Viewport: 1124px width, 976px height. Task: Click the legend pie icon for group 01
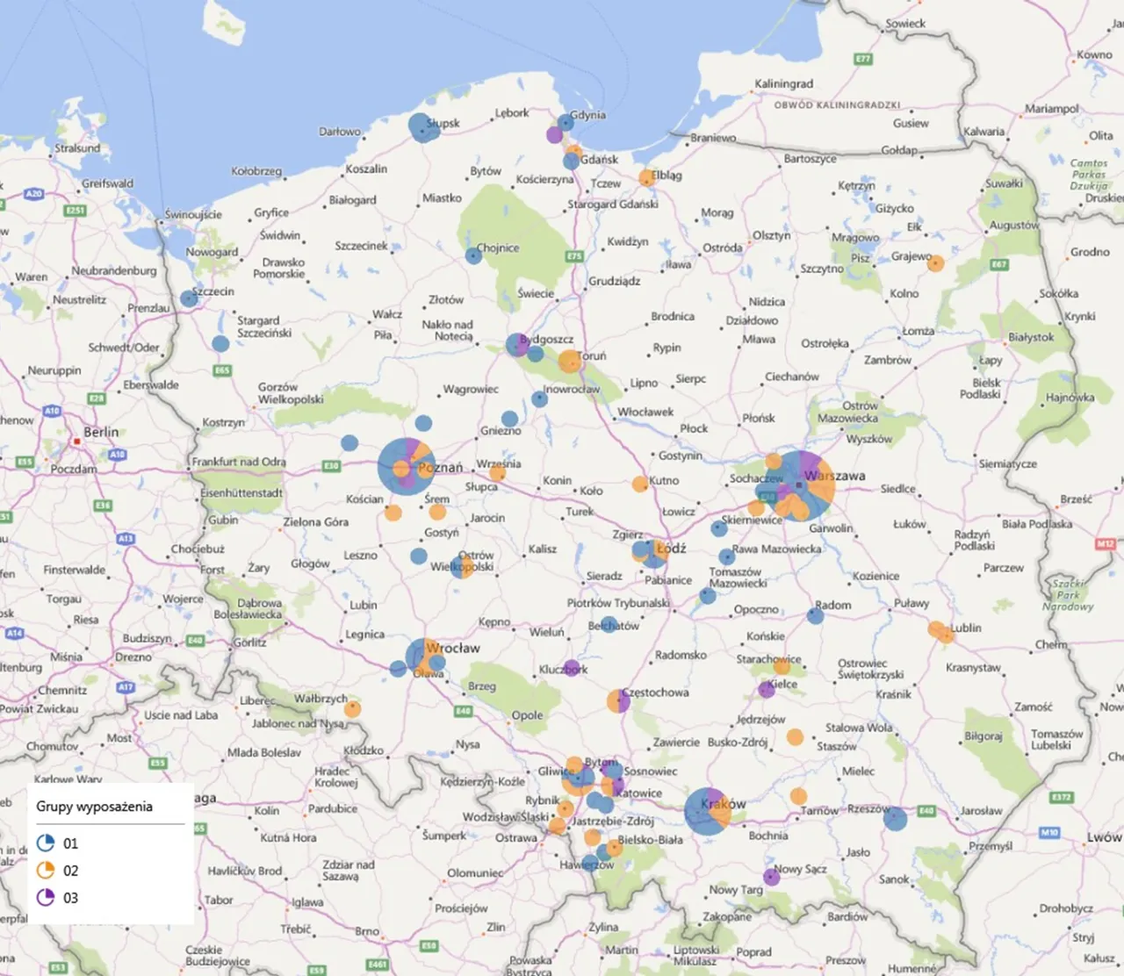coord(46,843)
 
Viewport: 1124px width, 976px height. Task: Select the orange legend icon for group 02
coord(46,871)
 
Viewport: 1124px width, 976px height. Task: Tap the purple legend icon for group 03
coord(46,898)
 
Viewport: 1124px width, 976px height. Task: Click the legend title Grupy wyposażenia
coord(94,807)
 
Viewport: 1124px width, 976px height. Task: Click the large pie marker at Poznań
coord(406,466)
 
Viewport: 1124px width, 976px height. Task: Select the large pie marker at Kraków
coord(707,811)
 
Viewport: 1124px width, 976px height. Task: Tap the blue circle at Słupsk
coord(423,127)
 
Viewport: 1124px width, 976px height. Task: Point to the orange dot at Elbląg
coord(647,178)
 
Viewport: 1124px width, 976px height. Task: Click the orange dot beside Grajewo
coord(936,263)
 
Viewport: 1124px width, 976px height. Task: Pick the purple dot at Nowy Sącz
coord(772,877)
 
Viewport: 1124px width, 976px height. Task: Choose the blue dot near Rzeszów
coord(895,819)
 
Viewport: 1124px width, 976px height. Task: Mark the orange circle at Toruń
coord(570,361)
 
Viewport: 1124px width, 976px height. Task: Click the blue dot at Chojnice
coord(473,255)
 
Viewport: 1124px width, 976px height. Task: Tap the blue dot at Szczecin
coord(189,298)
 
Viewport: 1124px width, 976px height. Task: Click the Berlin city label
coord(101,432)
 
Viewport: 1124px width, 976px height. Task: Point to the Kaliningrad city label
coord(783,83)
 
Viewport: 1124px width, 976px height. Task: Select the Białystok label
coord(1031,337)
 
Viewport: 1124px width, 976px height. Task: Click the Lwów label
coord(1103,836)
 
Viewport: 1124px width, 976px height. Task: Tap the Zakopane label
coord(727,916)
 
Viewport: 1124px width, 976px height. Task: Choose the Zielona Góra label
coord(315,521)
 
